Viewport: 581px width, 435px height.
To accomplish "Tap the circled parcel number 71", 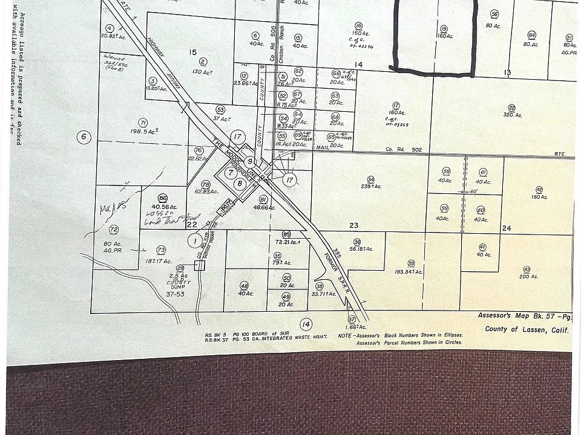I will (x=143, y=121).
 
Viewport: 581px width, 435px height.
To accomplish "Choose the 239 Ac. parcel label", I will (x=370, y=187).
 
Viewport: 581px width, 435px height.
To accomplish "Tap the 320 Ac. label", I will (x=512, y=115).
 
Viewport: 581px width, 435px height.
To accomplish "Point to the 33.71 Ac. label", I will (x=323, y=294).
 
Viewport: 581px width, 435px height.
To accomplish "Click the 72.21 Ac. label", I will (x=287, y=242).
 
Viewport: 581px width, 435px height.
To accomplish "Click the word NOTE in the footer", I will (x=345, y=335).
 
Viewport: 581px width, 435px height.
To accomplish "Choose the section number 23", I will (x=354, y=225).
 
